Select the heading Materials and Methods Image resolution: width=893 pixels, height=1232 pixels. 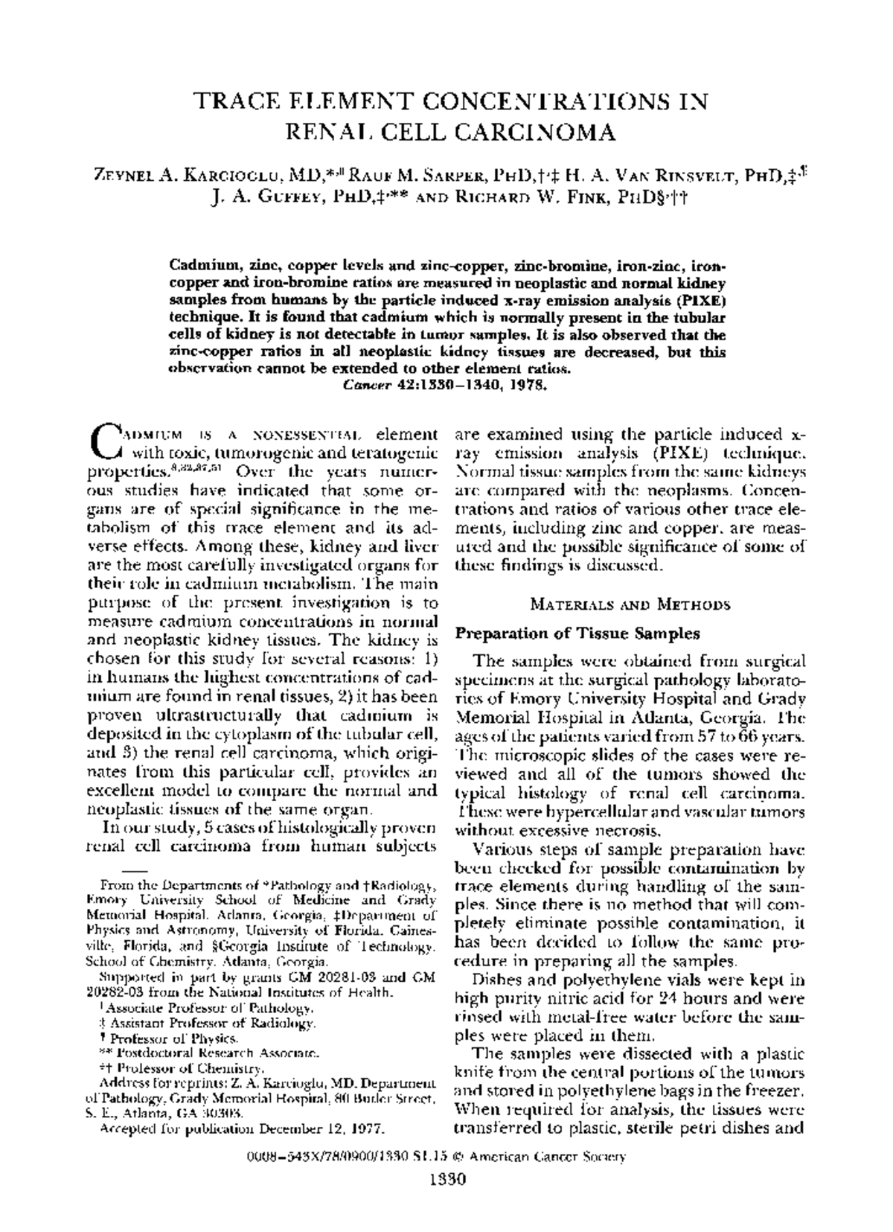click(630, 604)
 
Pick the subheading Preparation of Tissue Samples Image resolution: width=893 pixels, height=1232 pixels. click(577, 633)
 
